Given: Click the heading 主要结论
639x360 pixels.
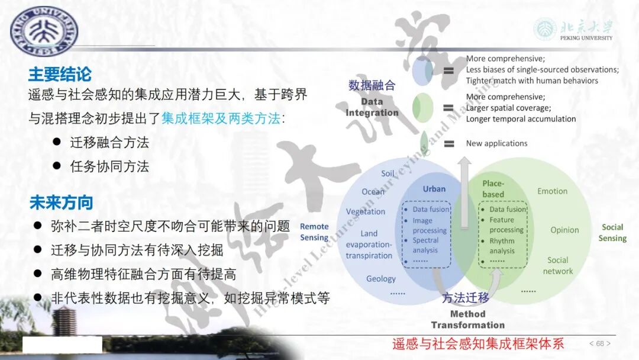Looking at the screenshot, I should pos(60,75).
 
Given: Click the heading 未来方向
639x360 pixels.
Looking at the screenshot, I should pos(62,202).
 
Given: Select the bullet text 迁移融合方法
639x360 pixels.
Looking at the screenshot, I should pos(109,142).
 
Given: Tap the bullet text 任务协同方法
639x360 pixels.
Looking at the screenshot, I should pos(109,166).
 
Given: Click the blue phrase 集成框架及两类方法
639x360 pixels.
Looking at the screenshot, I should pos(221,118).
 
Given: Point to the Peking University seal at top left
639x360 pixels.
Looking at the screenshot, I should pos(44,30).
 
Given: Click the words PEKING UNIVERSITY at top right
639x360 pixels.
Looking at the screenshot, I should pos(586,38).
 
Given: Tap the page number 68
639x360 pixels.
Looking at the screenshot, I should pos(600,343).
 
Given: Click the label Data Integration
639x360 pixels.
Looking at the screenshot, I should pos(372,107).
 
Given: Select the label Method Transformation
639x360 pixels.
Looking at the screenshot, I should pos(467,319).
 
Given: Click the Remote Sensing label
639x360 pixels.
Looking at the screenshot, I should pos(314,232).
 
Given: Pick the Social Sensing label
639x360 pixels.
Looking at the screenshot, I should pos(612,233).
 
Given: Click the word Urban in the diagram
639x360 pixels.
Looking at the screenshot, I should pos(434,189).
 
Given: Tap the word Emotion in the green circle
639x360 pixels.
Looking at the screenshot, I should pos(552,191).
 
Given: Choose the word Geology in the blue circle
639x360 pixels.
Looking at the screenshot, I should pos(381,279).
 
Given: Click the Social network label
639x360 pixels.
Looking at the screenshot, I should pos(558,265).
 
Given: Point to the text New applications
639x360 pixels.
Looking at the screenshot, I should pos(496,143).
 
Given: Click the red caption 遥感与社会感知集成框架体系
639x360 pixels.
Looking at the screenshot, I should pos(478,343).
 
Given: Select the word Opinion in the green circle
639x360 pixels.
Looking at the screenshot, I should pos(564,230).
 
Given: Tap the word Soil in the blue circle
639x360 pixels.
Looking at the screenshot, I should pos(388,173).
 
